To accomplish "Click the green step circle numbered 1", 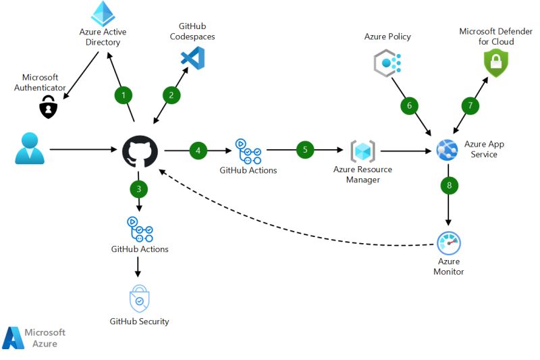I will pyautogui.click(x=123, y=95).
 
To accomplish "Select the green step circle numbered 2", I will pyautogui.click(x=171, y=95).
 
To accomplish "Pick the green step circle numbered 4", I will pyautogui.click(x=198, y=150).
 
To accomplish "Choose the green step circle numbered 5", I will pyautogui.click(x=305, y=150).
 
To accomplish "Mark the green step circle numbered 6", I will pyautogui.click(x=409, y=105).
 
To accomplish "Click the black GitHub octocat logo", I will pyautogui.click(x=140, y=150).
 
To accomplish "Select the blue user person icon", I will pyautogui.click(x=30, y=149).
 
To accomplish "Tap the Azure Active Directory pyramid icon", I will pyautogui.click(x=103, y=14).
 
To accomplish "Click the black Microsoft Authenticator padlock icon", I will pyautogui.click(x=47, y=106).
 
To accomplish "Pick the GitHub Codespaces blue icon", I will pyautogui.click(x=193, y=58).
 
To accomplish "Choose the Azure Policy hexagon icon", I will pyautogui.click(x=387, y=63).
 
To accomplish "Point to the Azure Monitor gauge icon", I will pyautogui.click(x=448, y=242).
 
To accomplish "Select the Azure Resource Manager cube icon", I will pyautogui.click(x=362, y=151).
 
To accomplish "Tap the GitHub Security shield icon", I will pyautogui.click(x=139, y=299).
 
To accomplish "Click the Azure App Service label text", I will pyautogui.click(x=484, y=149).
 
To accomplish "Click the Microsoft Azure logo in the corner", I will pyautogui.click(x=34, y=338).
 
